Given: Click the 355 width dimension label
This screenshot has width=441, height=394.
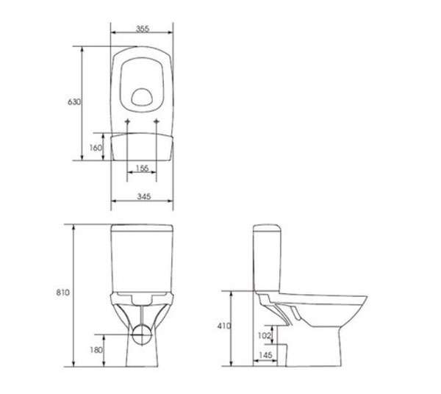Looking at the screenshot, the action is [143, 29].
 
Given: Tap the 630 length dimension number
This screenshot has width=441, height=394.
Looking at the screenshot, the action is [74, 101].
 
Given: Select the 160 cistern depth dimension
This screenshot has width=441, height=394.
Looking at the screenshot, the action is [96, 147].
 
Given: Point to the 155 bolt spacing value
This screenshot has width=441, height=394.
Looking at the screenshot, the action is [142, 168].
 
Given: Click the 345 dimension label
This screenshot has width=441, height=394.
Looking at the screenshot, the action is [144, 196].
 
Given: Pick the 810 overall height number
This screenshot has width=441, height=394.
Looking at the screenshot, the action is [62, 293].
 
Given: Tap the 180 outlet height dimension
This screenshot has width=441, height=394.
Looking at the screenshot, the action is [96, 350].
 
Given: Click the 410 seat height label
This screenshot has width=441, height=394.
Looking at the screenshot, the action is [224, 326].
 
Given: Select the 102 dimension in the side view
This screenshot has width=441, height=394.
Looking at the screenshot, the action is [264, 335].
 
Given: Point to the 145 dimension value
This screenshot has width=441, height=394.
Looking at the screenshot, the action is [265, 355].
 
